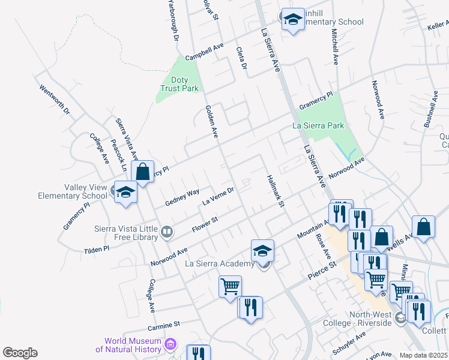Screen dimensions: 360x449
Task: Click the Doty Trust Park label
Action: (x=179, y=84)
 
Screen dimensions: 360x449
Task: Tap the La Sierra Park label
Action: (x=318, y=125)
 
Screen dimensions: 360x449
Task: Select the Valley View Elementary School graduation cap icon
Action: (x=125, y=193)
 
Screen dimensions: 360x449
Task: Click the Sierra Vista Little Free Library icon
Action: (x=167, y=231)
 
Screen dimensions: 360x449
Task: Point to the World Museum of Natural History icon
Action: (x=171, y=344)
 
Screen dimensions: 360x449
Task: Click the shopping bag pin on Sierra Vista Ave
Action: (x=143, y=172)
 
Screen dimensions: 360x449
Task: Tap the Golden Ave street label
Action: (x=211, y=121)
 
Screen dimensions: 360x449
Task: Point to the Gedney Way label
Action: (x=182, y=196)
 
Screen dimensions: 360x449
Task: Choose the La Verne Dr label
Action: (x=217, y=196)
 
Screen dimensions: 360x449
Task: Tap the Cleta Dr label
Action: (x=242, y=58)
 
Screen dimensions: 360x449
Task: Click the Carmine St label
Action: (x=163, y=325)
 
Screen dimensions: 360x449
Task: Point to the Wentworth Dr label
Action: (x=55, y=99)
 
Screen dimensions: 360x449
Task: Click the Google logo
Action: (x=20, y=353)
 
